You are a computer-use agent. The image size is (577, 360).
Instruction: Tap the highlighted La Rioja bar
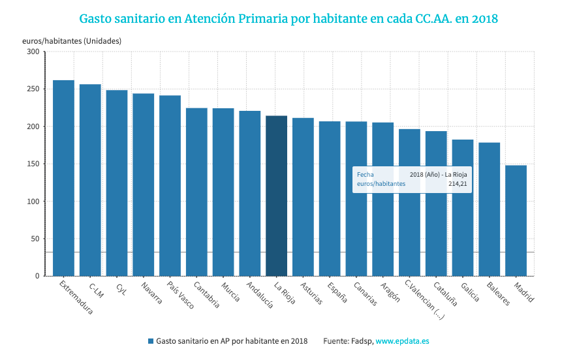pyautogui.click(x=276, y=196)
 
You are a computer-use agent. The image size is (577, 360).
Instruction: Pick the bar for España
pyautogui.click(x=330, y=199)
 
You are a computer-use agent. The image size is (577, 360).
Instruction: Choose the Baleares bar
pyautogui.click(x=489, y=209)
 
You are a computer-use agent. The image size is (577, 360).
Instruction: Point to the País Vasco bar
pyautogui.click(x=170, y=186)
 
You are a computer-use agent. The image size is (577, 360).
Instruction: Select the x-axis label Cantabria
pyautogui.click(x=203, y=295)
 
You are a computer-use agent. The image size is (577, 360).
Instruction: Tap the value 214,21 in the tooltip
pyautogui.click(x=458, y=184)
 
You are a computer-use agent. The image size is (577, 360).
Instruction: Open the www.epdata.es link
pyautogui.click(x=402, y=341)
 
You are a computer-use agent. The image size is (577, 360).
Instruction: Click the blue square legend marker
pyautogui.click(x=151, y=341)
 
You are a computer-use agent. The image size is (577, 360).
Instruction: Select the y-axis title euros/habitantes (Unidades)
pyautogui.click(x=72, y=40)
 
